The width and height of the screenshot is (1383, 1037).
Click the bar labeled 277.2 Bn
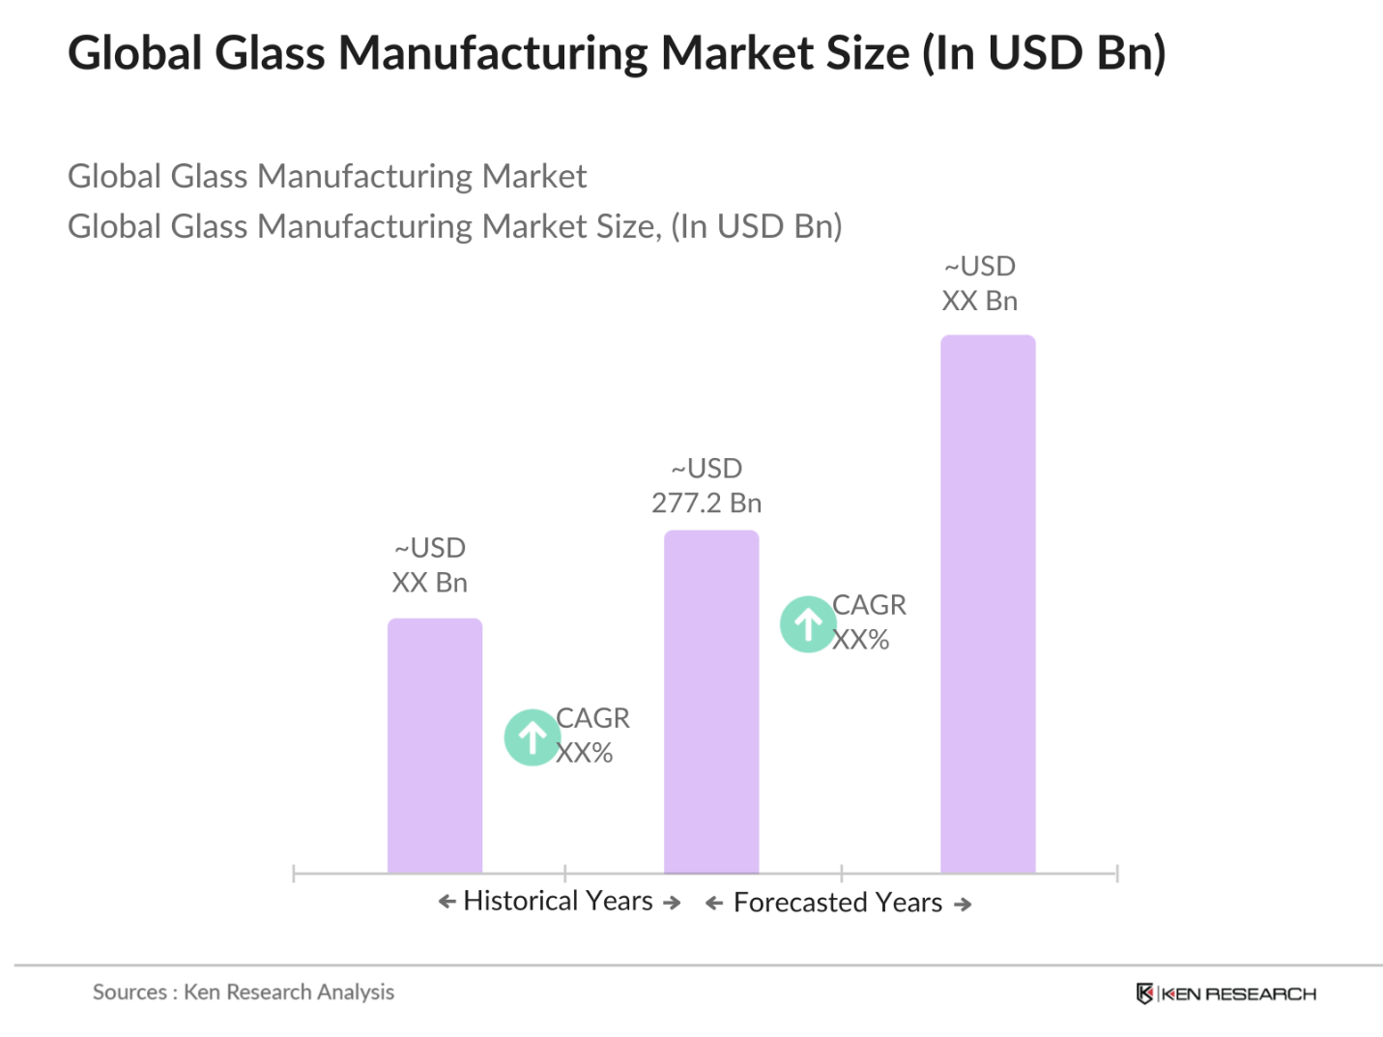pos(710,702)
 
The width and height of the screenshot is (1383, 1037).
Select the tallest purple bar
pos(987,604)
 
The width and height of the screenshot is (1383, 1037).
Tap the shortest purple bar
pos(434,745)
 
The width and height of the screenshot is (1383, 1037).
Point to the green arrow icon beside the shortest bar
pos(532,737)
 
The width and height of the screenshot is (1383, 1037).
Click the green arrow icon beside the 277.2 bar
pos(808,624)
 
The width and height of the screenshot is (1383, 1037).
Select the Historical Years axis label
pos(558,901)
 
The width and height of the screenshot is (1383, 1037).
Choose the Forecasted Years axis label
pos(837,903)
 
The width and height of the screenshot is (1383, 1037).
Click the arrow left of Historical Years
pos(447,902)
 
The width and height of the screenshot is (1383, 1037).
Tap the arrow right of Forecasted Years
pos(963,905)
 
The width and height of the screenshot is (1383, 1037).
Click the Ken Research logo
pos(1225,994)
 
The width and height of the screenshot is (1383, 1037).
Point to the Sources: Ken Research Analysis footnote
pos(244,992)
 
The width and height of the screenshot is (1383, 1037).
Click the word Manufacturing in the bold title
pos(492,53)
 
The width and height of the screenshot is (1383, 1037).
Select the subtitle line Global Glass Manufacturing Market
pos(327,176)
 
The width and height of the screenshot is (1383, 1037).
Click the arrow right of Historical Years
pos(672,903)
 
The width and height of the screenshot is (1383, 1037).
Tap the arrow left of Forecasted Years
pos(714,904)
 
